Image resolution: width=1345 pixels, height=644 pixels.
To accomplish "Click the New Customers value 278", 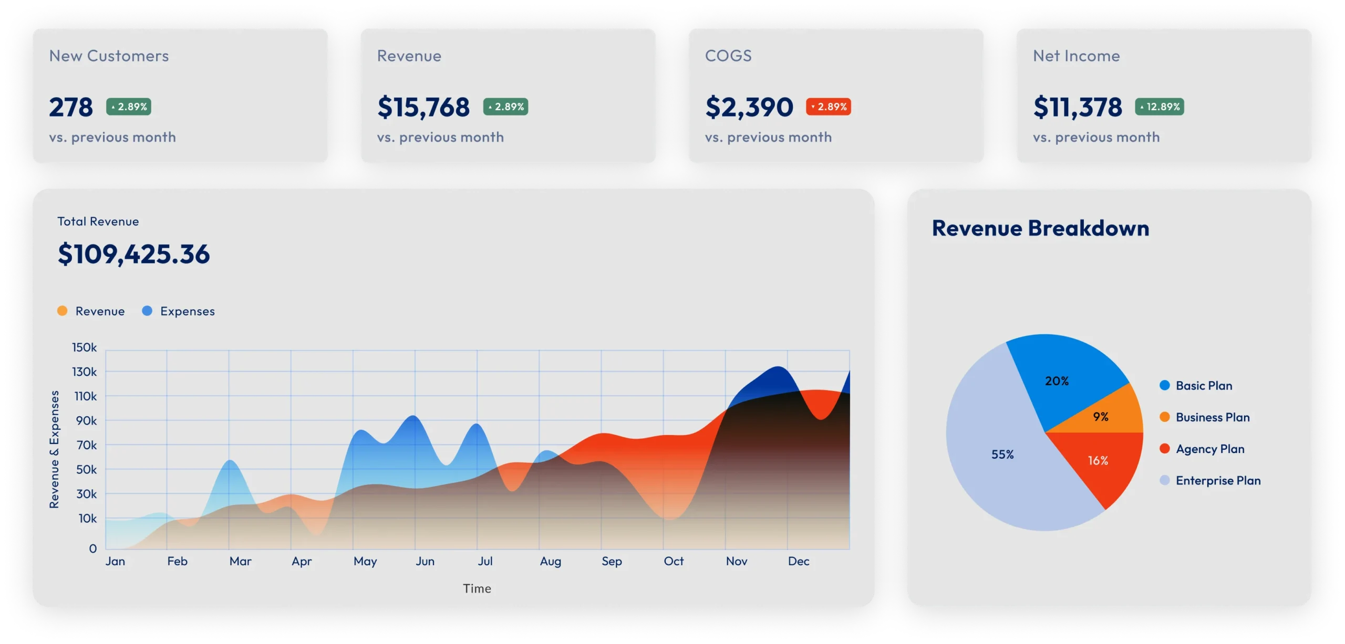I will click(x=71, y=107).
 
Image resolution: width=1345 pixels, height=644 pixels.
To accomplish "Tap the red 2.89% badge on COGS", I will click(x=829, y=107).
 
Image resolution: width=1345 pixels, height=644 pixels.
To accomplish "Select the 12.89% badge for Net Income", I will click(x=1159, y=107).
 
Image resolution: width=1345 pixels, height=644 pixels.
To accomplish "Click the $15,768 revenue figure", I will click(x=423, y=107).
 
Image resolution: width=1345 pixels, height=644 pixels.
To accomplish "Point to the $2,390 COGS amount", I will click(x=749, y=107).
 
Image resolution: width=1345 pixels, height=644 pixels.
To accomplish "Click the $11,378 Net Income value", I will click(x=1077, y=107).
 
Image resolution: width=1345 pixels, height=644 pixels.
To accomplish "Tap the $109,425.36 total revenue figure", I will click(x=134, y=254).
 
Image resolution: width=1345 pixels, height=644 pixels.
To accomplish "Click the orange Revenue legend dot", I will click(x=63, y=311).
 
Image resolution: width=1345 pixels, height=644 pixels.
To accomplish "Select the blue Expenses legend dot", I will click(x=147, y=311).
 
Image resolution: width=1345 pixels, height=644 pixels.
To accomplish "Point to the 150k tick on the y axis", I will click(x=85, y=347).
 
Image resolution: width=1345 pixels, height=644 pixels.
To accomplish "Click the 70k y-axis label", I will click(x=87, y=445).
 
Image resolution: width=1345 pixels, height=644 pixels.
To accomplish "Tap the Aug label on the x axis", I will click(x=550, y=561).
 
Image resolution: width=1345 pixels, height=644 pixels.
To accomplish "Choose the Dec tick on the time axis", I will click(x=798, y=561).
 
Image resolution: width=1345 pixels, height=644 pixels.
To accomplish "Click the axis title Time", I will click(x=477, y=588).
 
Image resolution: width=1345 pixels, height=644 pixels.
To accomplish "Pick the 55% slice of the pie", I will click(x=1002, y=455).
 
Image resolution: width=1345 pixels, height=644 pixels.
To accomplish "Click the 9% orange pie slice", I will click(x=1100, y=417).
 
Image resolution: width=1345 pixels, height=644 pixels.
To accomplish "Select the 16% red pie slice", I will click(x=1098, y=460).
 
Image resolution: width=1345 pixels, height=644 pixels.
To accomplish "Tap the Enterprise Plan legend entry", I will click(x=1218, y=480).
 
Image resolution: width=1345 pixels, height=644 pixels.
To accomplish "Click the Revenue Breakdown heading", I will click(x=1040, y=228).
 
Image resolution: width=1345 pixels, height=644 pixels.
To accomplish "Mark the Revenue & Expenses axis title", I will click(x=54, y=449).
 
